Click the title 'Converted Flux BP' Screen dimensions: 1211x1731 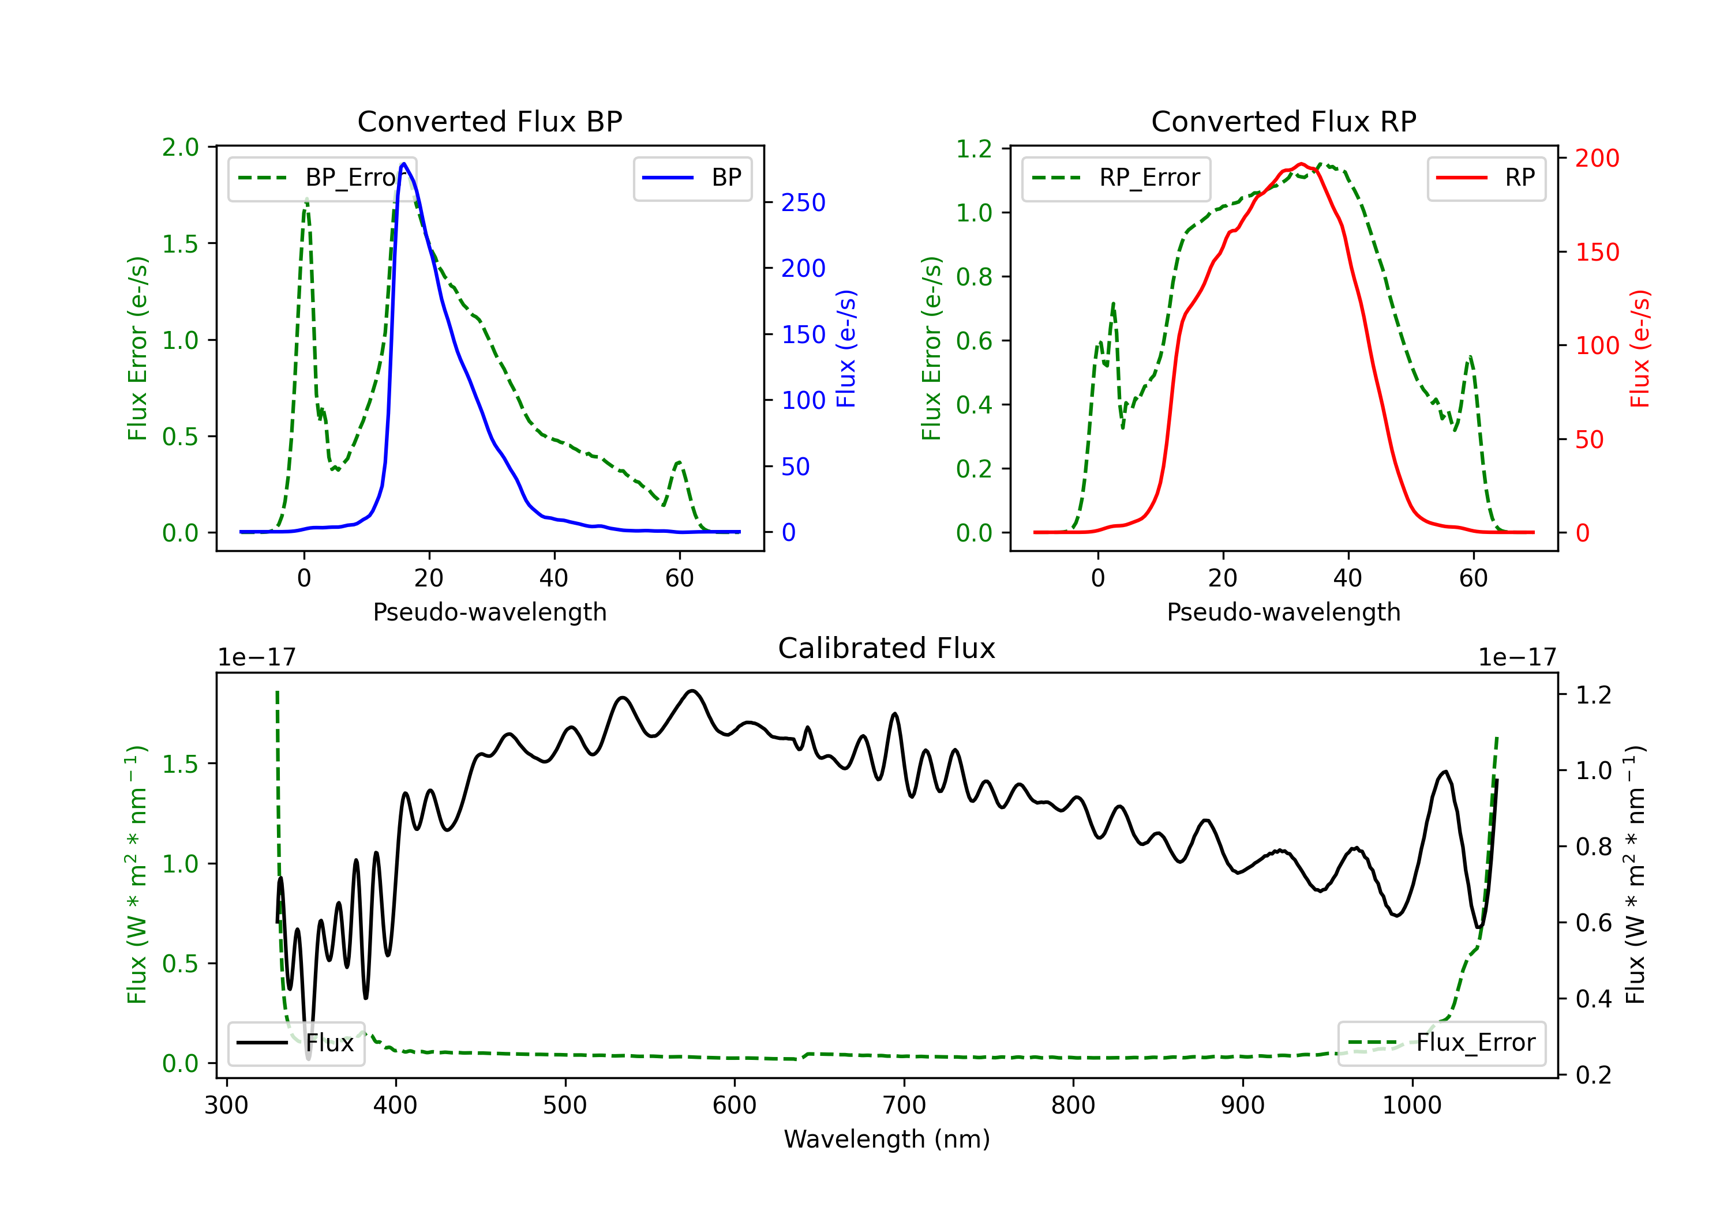[x=489, y=121]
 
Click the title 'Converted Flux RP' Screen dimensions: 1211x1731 [x=1283, y=121]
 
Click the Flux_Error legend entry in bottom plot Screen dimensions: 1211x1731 [x=1441, y=1043]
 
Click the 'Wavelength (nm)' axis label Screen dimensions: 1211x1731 [x=887, y=1139]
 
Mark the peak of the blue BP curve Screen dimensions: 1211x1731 [x=404, y=164]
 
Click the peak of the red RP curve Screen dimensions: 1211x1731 [x=1301, y=164]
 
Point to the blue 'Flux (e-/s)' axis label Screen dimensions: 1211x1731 [x=846, y=348]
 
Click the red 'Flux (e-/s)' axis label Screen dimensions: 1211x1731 [x=1640, y=348]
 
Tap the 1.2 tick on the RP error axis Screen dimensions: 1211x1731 [x=974, y=149]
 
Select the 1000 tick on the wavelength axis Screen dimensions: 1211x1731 [x=1411, y=1105]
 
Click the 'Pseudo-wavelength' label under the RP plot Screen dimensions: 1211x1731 [x=1283, y=612]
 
